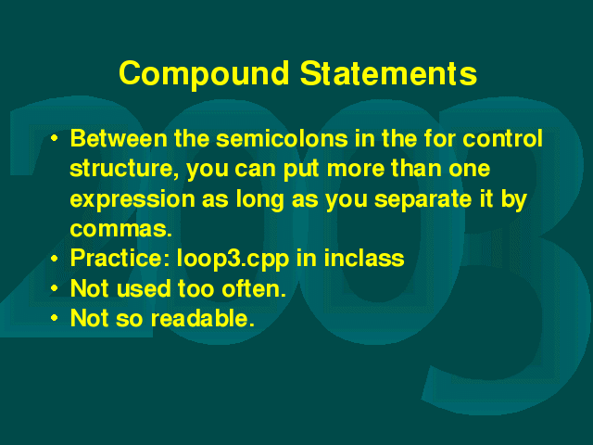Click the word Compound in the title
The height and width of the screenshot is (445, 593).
coord(204,74)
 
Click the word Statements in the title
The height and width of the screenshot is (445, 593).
coord(388,73)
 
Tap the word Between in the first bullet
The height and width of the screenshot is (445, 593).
coord(119,138)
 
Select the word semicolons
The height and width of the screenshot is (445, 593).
coord(282,138)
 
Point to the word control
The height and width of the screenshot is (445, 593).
coord(502,138)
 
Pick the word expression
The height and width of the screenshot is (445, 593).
coord(132,199)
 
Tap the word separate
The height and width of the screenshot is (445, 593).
coord(423,199)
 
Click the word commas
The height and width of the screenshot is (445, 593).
coord(121,229)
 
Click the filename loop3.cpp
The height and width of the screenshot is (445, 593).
coord(233,259)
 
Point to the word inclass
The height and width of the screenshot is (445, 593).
coord(364,258)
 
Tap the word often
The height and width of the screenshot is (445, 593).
coord(253,288)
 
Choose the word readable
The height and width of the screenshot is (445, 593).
coord(202,318)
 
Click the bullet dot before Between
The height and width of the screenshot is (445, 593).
coord(55,138)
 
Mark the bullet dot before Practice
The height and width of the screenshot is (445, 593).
coord(55,259)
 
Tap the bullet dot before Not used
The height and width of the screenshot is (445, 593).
coord(55,288)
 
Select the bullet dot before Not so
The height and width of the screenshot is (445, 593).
coord(55,318)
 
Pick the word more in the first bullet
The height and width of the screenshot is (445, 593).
coord(356,169)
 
